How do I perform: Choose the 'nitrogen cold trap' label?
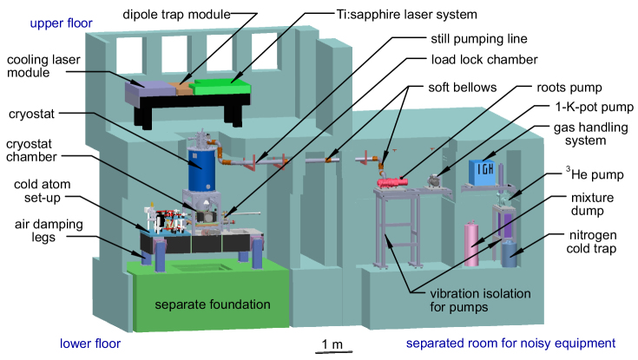pos(594,242)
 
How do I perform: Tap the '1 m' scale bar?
pos(332,346)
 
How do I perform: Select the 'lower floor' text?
pos(90,344)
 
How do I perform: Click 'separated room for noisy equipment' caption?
pos(510,344)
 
